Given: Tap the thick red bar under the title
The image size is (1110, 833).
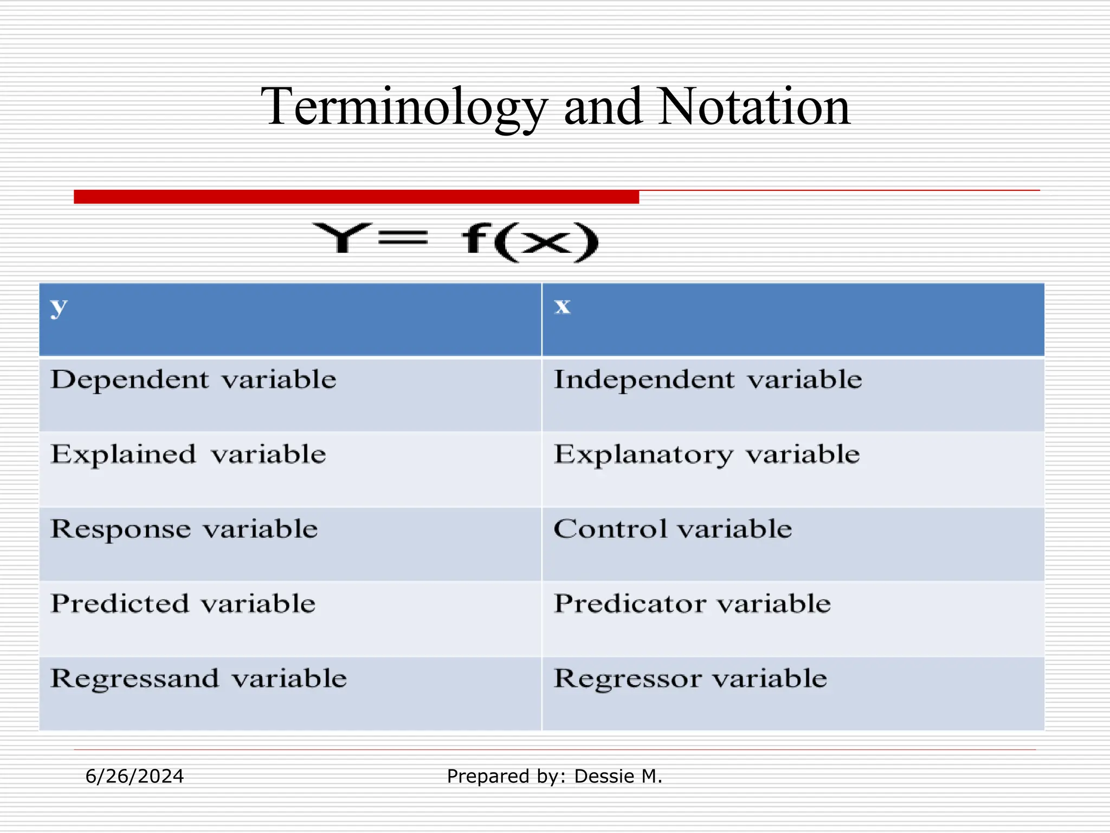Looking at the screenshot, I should pos(356,197).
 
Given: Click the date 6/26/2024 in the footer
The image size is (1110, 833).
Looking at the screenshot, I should pos(134,777).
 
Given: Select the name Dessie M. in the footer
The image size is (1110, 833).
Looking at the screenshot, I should pos(618,777).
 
